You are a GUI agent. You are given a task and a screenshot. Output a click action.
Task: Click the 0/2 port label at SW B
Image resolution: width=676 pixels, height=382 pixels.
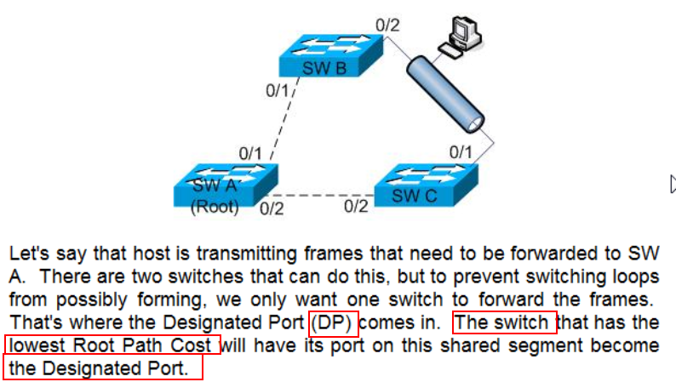[387, 24]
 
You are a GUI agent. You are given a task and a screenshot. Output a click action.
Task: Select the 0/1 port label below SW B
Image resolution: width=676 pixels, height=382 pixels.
[278, 89]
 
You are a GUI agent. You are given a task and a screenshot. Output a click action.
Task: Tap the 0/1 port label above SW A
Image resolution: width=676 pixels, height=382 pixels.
[251, 153]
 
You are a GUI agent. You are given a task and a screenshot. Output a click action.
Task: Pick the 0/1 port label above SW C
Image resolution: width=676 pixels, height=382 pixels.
[461, 151]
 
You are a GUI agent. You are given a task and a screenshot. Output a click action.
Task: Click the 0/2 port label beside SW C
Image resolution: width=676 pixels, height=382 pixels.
[357, 206]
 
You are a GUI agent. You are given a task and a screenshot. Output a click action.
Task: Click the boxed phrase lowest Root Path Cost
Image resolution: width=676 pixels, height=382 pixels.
[112, 345]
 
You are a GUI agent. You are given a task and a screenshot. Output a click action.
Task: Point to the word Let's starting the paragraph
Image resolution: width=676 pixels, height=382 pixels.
[28, 254]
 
